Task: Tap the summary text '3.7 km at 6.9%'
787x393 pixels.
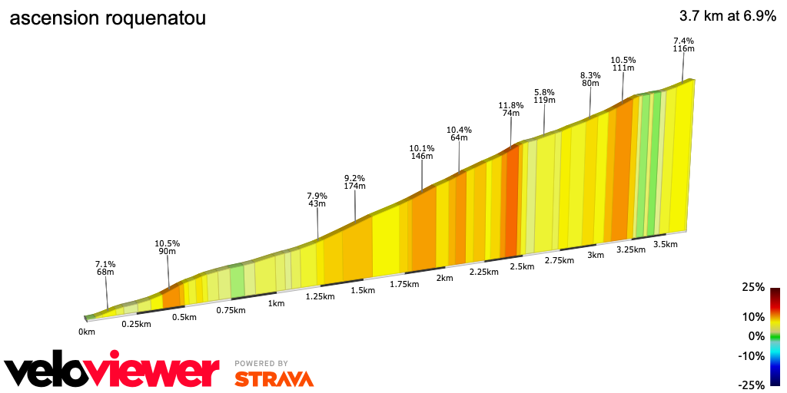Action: coord(728,15)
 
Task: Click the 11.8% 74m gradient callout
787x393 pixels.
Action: coord(511,109)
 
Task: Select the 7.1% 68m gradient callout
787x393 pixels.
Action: coord(105,267)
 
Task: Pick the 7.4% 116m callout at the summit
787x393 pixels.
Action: coord(683,45)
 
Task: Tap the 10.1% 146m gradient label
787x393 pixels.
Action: coord(422,152)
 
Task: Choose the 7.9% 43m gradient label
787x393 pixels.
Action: coord(317,200)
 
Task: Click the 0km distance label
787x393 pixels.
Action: coord(86,332)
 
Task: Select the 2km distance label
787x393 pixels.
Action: coord(444,278)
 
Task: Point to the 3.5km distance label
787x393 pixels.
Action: coord(665,244)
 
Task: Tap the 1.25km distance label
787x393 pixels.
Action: coord(320,296)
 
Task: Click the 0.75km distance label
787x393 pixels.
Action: coord(231,310)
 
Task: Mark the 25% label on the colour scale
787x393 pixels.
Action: coord(753,287)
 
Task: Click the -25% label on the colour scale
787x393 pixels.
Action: coord(752,385)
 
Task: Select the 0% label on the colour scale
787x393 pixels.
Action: coord(756,336)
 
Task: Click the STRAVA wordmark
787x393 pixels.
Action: coord(274,378)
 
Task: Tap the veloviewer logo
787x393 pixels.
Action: coord(112,371)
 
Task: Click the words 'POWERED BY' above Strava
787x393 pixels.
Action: coord(261,363)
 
